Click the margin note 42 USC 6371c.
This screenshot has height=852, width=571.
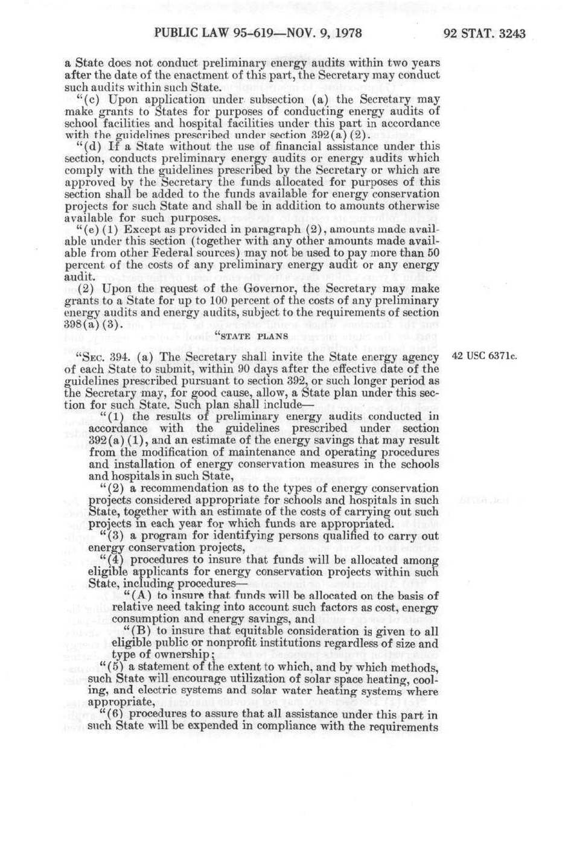click(485, 356)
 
